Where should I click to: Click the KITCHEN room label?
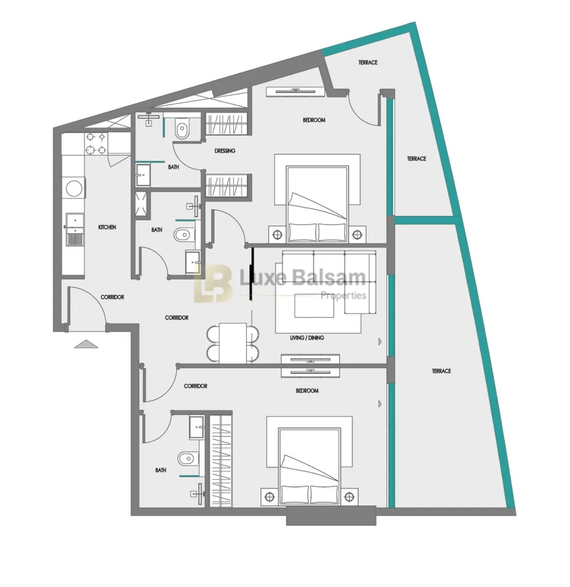pos(107,227)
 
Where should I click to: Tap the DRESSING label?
pos(225,151)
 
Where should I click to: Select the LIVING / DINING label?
pos(307,338)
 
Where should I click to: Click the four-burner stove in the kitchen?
pos(96,143)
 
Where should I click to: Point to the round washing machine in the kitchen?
pos(74,188)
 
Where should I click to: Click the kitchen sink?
pos(75,229)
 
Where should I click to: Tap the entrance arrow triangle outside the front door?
pos(86,344)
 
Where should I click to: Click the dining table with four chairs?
pos(233,344)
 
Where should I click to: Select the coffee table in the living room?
pos(314,306)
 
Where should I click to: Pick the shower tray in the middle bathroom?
pos(142,204)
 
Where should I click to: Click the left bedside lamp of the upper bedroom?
pos(277,235)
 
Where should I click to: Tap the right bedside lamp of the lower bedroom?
pos(349,497)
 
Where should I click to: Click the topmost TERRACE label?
pos(368,63)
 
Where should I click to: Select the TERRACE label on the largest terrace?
pos(442,371)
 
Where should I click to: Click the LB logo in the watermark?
pos(212,283)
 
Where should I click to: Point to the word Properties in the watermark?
pos(343,296)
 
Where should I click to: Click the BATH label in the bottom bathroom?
pos(160,470)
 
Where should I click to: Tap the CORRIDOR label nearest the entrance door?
pos(113,297)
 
